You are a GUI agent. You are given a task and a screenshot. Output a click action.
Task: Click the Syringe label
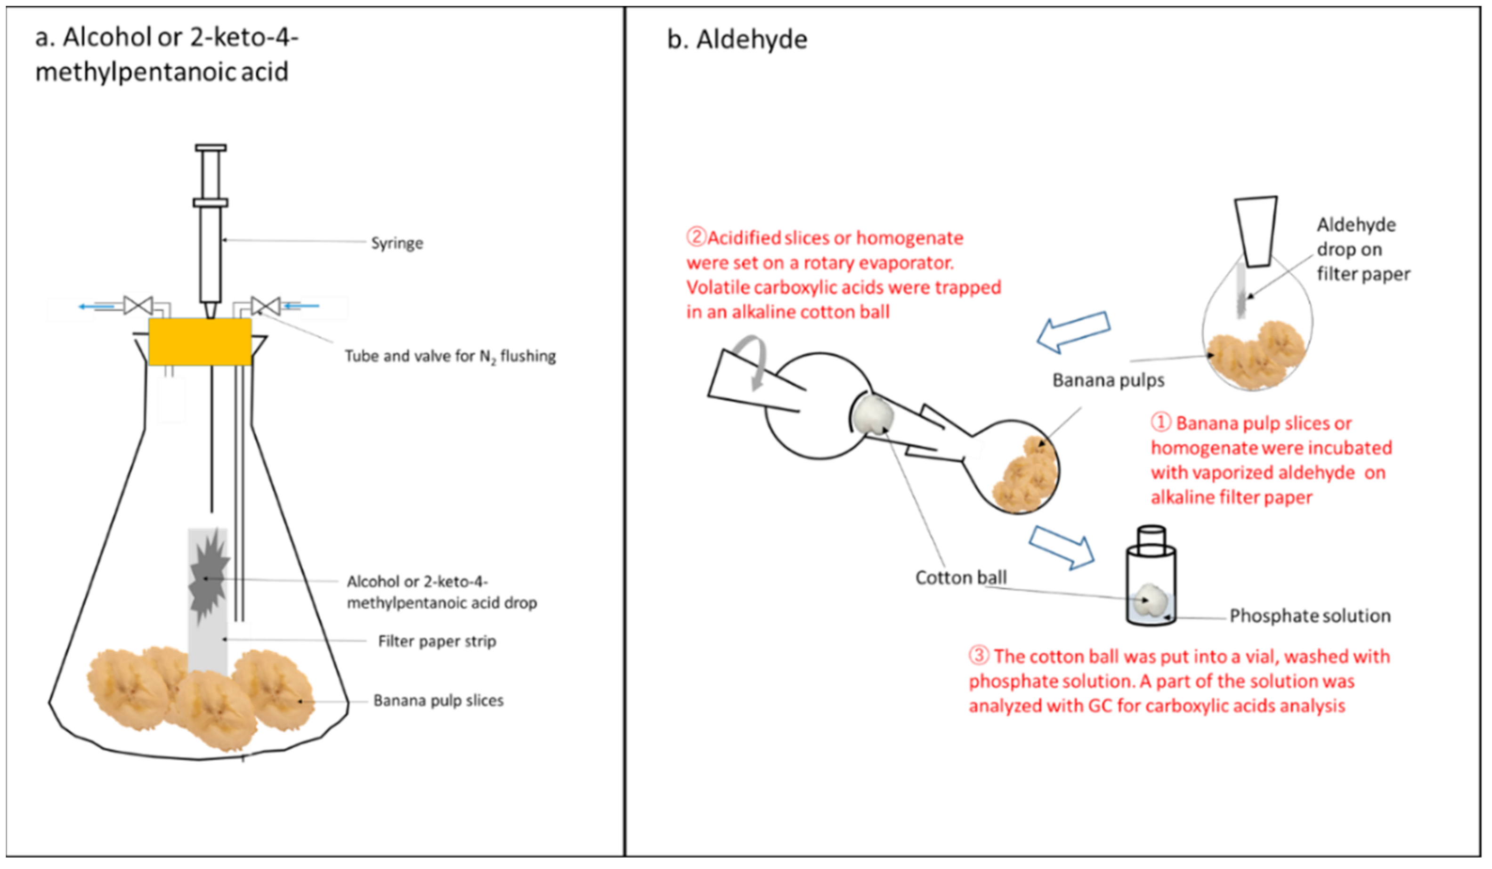397,244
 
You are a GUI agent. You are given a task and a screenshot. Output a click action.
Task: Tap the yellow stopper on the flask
200,341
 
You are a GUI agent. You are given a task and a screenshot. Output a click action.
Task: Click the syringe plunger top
211,147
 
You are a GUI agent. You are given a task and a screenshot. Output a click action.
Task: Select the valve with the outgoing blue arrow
138,306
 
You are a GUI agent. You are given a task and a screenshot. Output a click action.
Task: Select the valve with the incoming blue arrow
265,306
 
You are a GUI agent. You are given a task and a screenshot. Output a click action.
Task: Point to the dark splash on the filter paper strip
207,577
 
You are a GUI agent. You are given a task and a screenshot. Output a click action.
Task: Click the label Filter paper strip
437,641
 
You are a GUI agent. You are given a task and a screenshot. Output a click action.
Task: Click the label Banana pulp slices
438,700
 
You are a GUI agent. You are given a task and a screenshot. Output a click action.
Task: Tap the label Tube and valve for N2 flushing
450,357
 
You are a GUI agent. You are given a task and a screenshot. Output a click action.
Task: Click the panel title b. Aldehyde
737,40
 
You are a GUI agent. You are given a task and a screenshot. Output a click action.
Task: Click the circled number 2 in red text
696,237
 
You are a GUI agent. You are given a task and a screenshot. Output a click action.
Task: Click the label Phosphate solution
1310,616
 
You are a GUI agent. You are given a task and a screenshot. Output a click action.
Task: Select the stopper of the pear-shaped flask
1255,231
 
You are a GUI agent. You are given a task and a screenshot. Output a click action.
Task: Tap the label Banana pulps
1108,380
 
